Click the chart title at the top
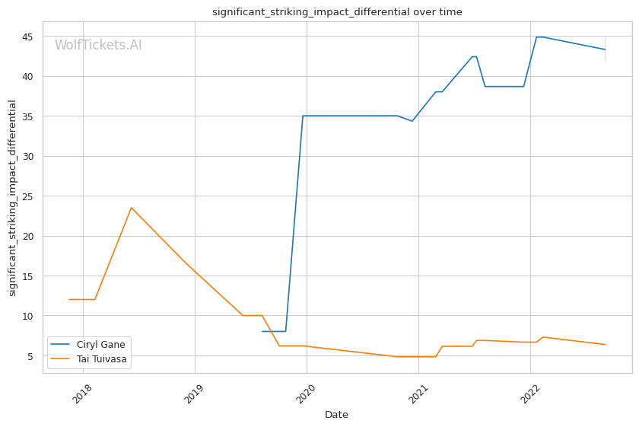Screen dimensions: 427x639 click(x=336, y=12)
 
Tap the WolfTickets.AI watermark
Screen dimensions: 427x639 click(x=98, y=46)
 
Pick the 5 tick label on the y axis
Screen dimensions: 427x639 click(x=34, y=356)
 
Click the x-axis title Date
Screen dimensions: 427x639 click(x=336, y=415)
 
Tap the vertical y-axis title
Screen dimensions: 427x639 click(x=12, y=198)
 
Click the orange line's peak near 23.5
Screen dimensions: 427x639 click(x=131, y=207)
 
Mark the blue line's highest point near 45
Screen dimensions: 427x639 click(x=537, y=37)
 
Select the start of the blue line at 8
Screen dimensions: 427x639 click(x=262, y=331)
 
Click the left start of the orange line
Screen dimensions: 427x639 click(x=69, y=299)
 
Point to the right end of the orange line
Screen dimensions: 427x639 click(x=605, y=345)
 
